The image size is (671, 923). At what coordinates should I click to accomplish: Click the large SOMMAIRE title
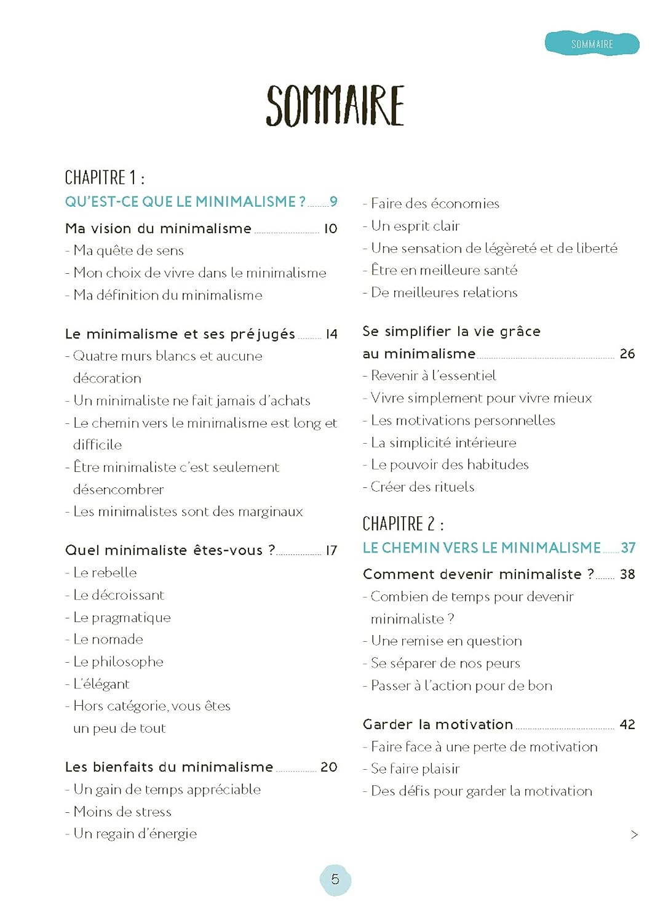click(x=335, y=106)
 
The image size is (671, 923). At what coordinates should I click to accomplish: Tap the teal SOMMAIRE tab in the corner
click(x=592, y=44)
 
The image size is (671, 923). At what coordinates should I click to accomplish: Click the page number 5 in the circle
click(x=335, y=879)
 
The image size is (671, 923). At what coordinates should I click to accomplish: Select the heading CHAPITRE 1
click(x=105, y=178)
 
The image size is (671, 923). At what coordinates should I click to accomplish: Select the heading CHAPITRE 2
click(x=403, y=524)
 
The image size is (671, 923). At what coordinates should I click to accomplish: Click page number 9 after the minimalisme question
click(x=333, y=202)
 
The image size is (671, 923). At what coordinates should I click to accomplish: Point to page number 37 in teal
click(x=628, y=548)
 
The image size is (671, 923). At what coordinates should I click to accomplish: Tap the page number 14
click(x=332, y=334)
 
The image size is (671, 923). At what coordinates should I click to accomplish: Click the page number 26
click(x=627, y=354)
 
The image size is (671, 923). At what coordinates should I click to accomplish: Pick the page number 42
click(x=627, y=725)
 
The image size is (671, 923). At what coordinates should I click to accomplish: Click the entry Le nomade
click(x=108, y=639)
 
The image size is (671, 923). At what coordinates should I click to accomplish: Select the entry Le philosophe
click(x=118, y=661)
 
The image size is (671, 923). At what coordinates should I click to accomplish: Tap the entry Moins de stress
click(x=122, y=812)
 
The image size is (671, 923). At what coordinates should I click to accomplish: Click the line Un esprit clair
click(x=415, y=226)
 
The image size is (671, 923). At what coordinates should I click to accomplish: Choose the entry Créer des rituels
click(x=423, y=487)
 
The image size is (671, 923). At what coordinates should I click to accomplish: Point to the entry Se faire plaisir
click(x=415, y=769)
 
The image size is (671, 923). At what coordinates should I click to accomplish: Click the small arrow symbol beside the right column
click(x=634, y=835)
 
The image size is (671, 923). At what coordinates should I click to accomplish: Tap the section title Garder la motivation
click(x=438, y=724)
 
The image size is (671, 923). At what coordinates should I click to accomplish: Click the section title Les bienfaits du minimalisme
click(x=169, y=767)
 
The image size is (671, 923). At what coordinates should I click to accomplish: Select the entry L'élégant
click(x=101, y=684)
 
